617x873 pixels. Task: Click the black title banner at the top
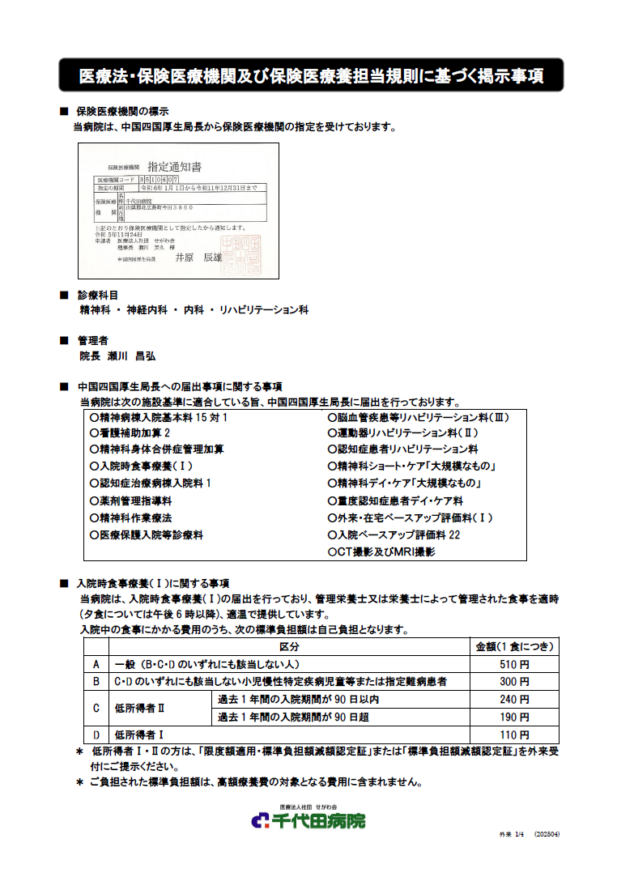[x=310, y=75]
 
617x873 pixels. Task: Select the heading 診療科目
[x=97, y=295]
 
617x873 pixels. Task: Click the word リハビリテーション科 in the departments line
[x=258, y=310]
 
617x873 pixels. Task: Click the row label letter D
[x=96, y=735]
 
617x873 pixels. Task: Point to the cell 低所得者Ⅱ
[x=139, y=709]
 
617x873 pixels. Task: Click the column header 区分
[x=288, y=647]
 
